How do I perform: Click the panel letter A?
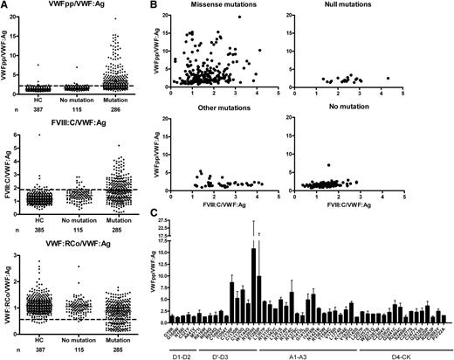coord(4,5)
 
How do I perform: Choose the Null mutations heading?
coord(361,6)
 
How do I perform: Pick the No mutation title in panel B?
coord(361,119)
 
